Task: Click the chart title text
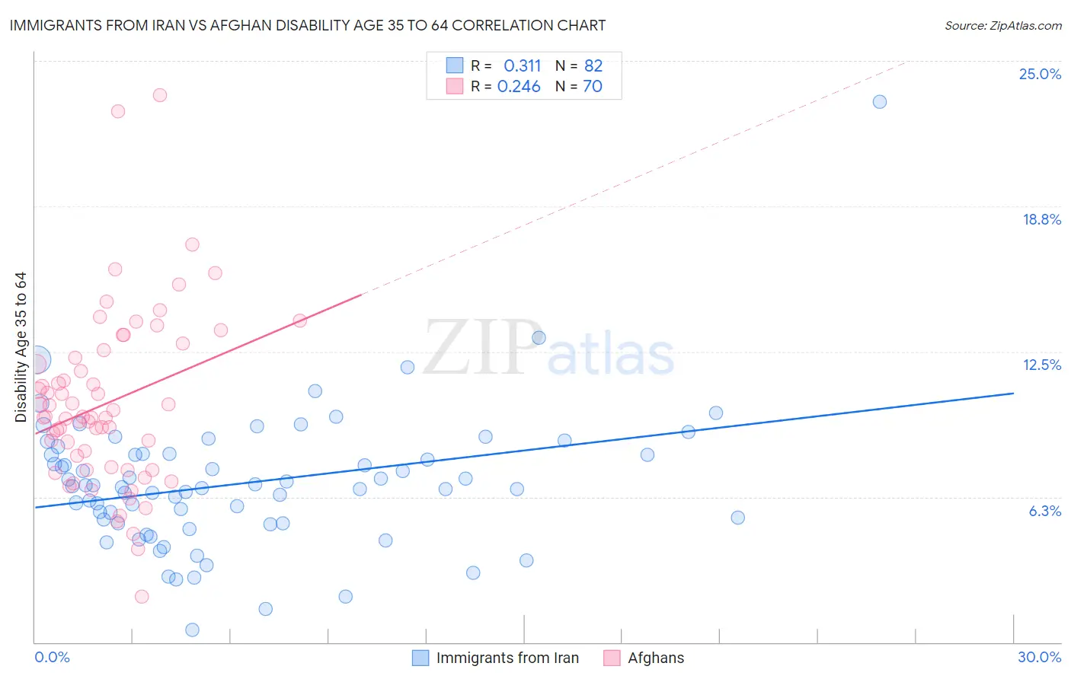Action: click(x=308, y=25)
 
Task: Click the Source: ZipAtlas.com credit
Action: click(x=1002, y=26)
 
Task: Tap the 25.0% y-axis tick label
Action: click(x=1039, y=74)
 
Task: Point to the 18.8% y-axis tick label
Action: click(x=1041, y=219)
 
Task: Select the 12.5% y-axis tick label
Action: click(x=1041, y=365)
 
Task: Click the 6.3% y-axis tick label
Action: click(x=1044, y=511)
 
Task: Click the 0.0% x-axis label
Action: click(x=52, y=657)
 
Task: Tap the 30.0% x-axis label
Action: click(x=1039, y=657)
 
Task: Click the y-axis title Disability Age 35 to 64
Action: click(x=21, y=347)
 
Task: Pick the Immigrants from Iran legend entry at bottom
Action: click(x=507, y=658)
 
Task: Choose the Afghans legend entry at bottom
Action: click(x=655, y=658)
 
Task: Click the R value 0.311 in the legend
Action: click(x=522, y=65)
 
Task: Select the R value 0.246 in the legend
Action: click(x=519, y=86)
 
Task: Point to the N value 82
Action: click(x=593, y=65)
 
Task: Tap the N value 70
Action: click(x=593, y=86)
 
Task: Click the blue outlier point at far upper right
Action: click(x=879, y=102)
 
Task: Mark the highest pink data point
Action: click(x=160, y=95)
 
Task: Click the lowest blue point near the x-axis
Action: click(x=192, y=630)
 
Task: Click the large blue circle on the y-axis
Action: click(x=37, y=359)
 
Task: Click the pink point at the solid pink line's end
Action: click(x=300, y=320)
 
